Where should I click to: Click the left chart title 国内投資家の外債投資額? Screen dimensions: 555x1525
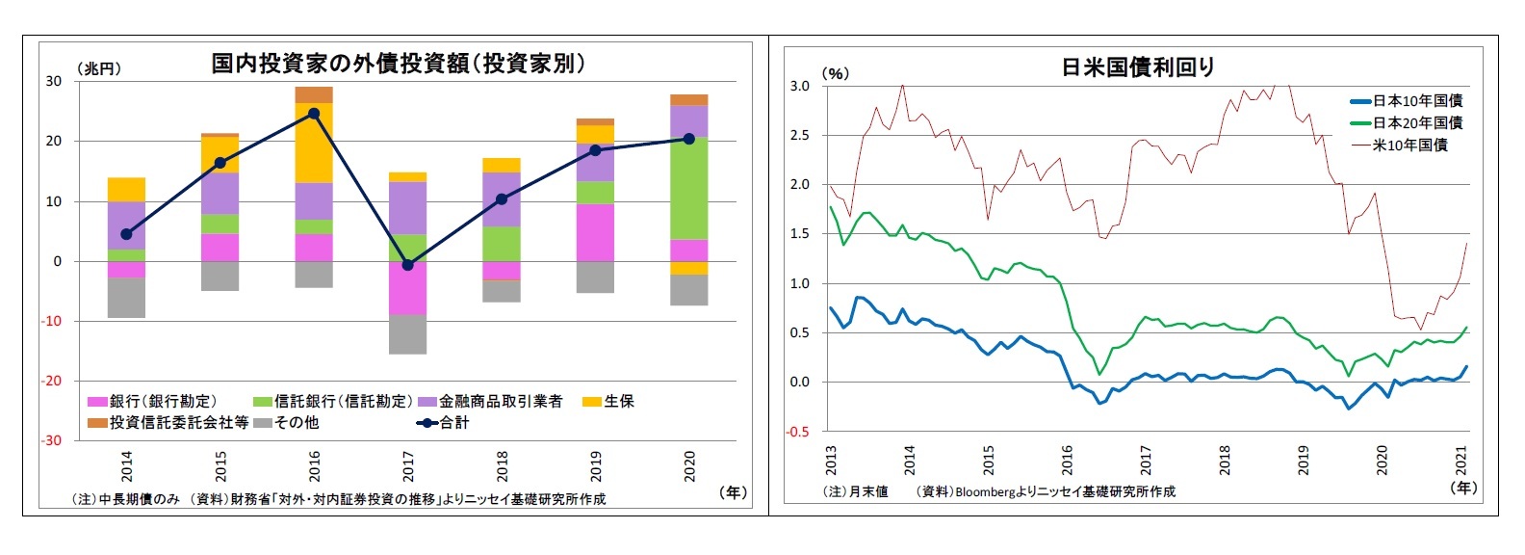[x=398, y=64]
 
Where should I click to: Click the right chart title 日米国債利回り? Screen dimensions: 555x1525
[x=1137, y=67]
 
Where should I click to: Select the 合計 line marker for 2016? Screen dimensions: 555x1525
[x=314, y=113]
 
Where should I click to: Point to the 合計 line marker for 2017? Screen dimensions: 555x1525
[x=407, y=264]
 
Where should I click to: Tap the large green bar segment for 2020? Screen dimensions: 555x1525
[x=688, y=188]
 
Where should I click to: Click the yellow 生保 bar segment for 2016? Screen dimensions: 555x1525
[x=314, y=143]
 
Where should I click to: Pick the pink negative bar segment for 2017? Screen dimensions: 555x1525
[x=407, y=288]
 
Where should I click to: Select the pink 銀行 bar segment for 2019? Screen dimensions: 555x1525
[x=595, y=232]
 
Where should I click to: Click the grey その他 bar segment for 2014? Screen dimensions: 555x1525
[x=126, y=297]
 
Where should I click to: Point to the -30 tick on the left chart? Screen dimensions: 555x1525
[x=51, y=440]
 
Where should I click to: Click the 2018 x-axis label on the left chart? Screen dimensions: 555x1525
[x=502, y=466]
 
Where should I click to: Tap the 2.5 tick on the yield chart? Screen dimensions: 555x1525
[x=799, y=135]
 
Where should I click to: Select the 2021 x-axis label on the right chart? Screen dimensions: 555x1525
[x=1461, y=460]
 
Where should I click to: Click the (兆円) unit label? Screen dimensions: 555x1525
[x=98, y=68]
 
